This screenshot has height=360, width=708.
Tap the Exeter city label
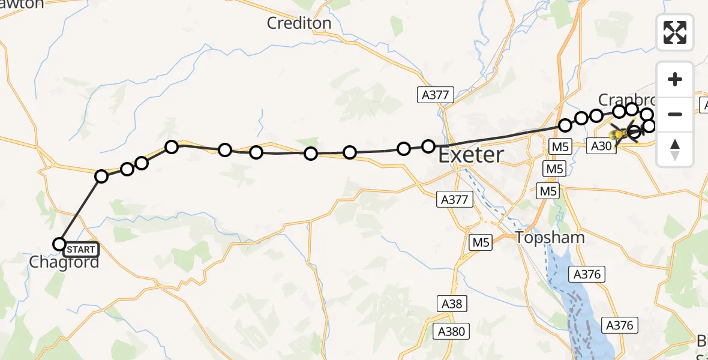[470, 155]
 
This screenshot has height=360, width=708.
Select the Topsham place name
[550, 238]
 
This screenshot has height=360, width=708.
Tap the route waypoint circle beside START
[59, 244]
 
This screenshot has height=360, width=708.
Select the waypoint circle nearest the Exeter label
[428, 146]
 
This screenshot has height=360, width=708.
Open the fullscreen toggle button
[675, 32]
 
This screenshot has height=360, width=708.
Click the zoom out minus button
[675, 114]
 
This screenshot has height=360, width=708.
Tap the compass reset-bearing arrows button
[675, 149]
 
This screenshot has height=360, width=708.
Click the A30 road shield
[602, 145]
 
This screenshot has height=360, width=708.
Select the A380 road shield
[451, 331]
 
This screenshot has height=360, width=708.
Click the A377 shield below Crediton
[436, 94]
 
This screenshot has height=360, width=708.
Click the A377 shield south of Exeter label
[454, 200]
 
